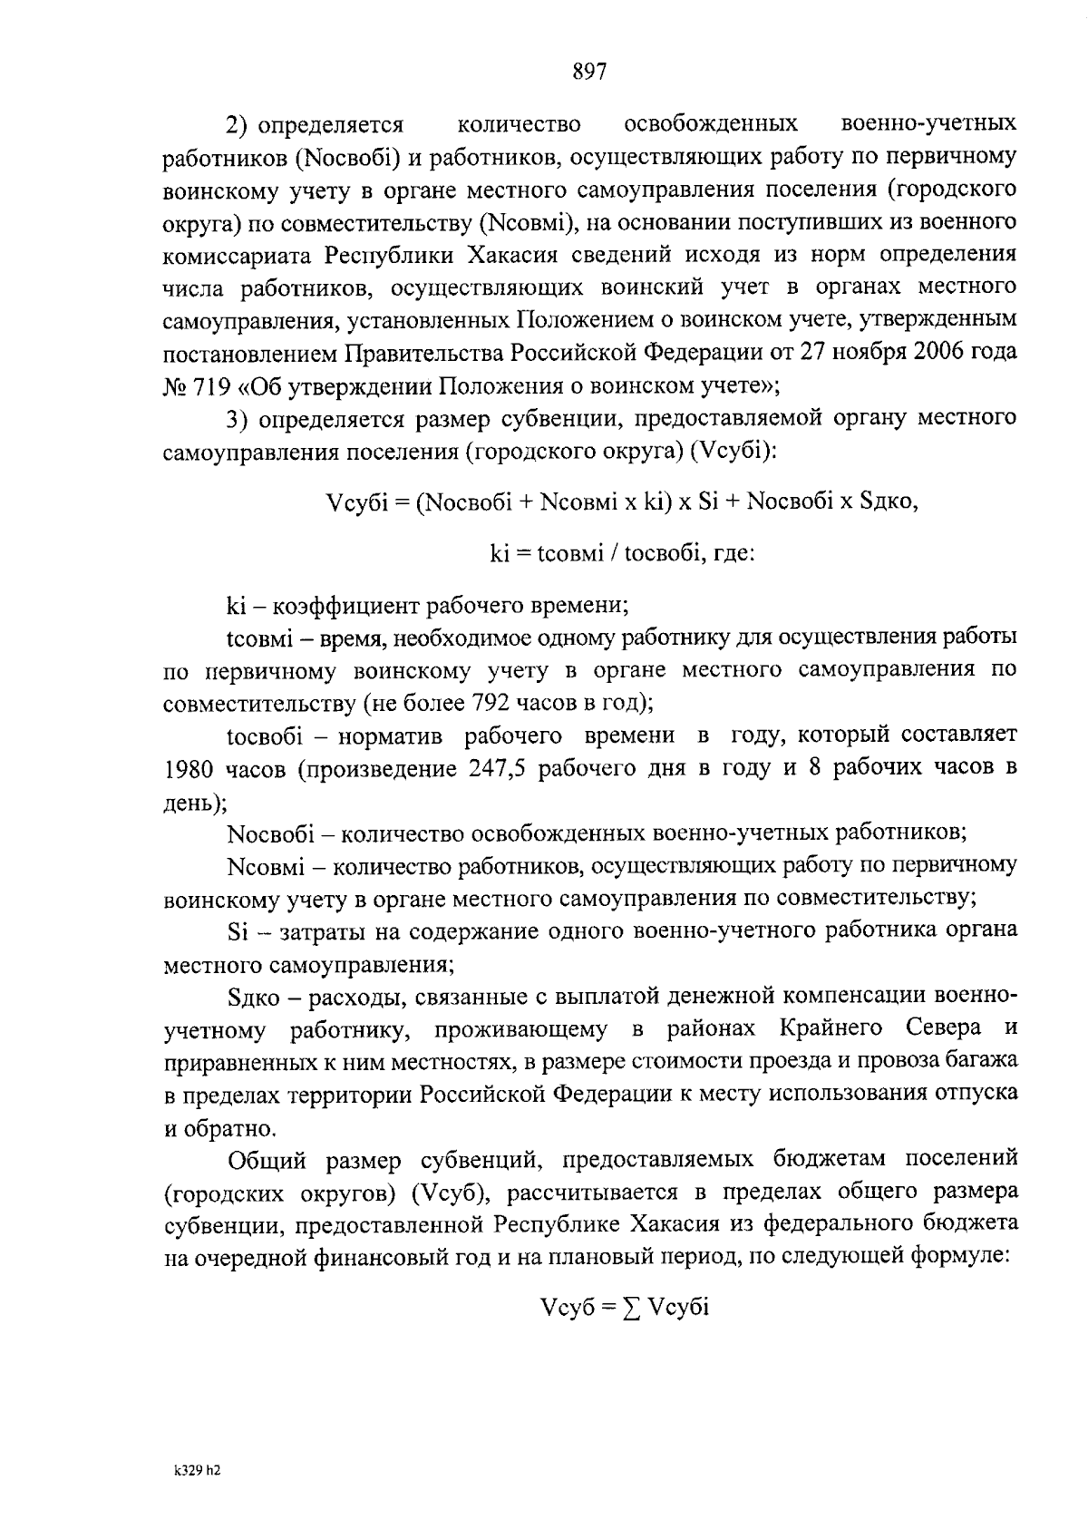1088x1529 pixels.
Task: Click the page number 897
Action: click(x=589, y=72)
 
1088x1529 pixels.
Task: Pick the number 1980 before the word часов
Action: click(x=189, y=769)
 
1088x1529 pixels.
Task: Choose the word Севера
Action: click(x=943, y=1028)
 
